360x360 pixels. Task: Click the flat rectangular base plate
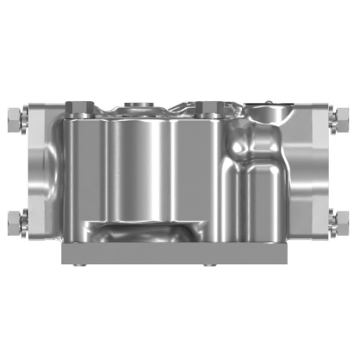tap(174, 253)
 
